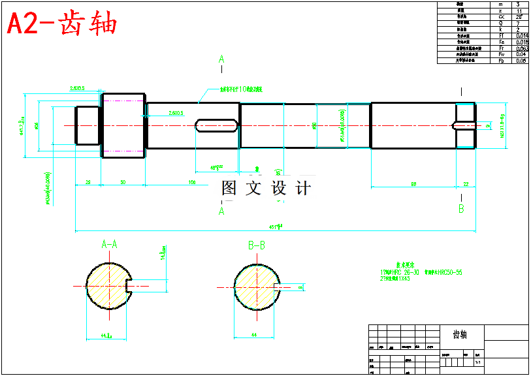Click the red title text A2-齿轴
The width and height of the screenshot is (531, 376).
coord(62,24)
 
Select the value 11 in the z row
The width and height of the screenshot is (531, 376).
coord(519,11)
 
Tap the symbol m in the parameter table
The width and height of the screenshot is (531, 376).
coord(501,5)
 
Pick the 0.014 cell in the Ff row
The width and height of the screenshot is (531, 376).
coord(521,36)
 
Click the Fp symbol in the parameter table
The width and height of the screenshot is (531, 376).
coord(501,61)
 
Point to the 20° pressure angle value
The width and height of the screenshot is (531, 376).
coord(520,17)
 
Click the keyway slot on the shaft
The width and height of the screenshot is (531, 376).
coord(216,124)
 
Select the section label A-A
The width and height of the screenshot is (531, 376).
coord(109,245)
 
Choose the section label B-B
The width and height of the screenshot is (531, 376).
coord(257,245)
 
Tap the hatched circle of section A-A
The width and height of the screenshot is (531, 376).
coord(106,286)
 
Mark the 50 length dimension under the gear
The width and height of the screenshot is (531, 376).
coord(123,182)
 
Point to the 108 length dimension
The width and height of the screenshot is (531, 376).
coord(192,182)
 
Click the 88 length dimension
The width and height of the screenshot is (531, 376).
coord(413,184)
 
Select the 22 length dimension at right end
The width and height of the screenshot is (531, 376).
coord(466,184)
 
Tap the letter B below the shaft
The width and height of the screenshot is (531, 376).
coord(461,209)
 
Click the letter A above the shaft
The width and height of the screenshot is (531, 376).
coord(221,60)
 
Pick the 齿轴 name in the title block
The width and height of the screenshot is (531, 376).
coord(460,334)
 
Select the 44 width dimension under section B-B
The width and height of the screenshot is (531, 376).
coord(254,334)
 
